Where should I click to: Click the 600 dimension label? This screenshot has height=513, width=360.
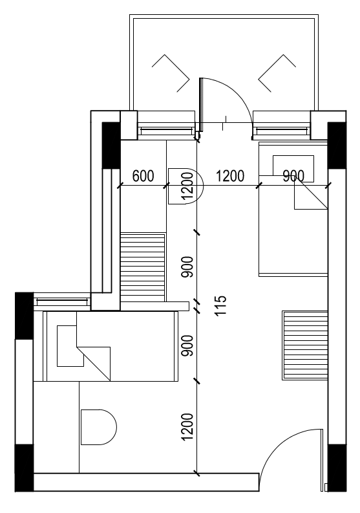point(143,176)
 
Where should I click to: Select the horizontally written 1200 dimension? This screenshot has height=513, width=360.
point(230,176)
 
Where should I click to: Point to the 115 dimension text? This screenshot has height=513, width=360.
point(221,305)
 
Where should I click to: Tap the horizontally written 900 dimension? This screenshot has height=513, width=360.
point(293,176)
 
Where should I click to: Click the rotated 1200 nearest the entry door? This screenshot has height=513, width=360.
point(187,426)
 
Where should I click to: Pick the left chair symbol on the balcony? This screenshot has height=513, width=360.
point(171,73)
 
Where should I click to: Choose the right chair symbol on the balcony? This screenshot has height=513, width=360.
point(277,73)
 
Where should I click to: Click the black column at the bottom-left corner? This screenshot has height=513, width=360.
point(24,468)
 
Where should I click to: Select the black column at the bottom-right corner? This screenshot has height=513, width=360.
point(337,468)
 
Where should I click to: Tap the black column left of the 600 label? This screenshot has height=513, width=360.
point(111,146)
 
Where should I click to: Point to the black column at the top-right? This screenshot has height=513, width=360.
point(337,146)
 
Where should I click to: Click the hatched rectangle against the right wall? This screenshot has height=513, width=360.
point(305,345)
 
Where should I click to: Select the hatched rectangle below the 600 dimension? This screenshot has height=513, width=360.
point(143,267)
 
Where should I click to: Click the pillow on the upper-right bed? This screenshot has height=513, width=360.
point(293,169)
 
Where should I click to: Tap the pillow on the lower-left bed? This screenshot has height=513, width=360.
point(70,346)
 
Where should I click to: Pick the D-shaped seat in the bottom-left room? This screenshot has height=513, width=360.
point(99,427)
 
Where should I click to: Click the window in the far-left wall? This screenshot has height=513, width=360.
point(62,301)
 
